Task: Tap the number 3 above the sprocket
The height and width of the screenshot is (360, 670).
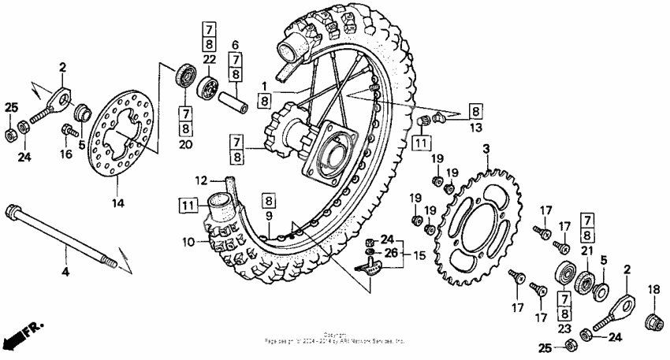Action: (486, 149)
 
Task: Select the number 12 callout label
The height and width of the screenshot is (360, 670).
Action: (200, 180)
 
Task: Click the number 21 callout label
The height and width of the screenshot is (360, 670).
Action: (586, 251)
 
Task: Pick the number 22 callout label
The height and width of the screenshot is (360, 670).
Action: (208, 61)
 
